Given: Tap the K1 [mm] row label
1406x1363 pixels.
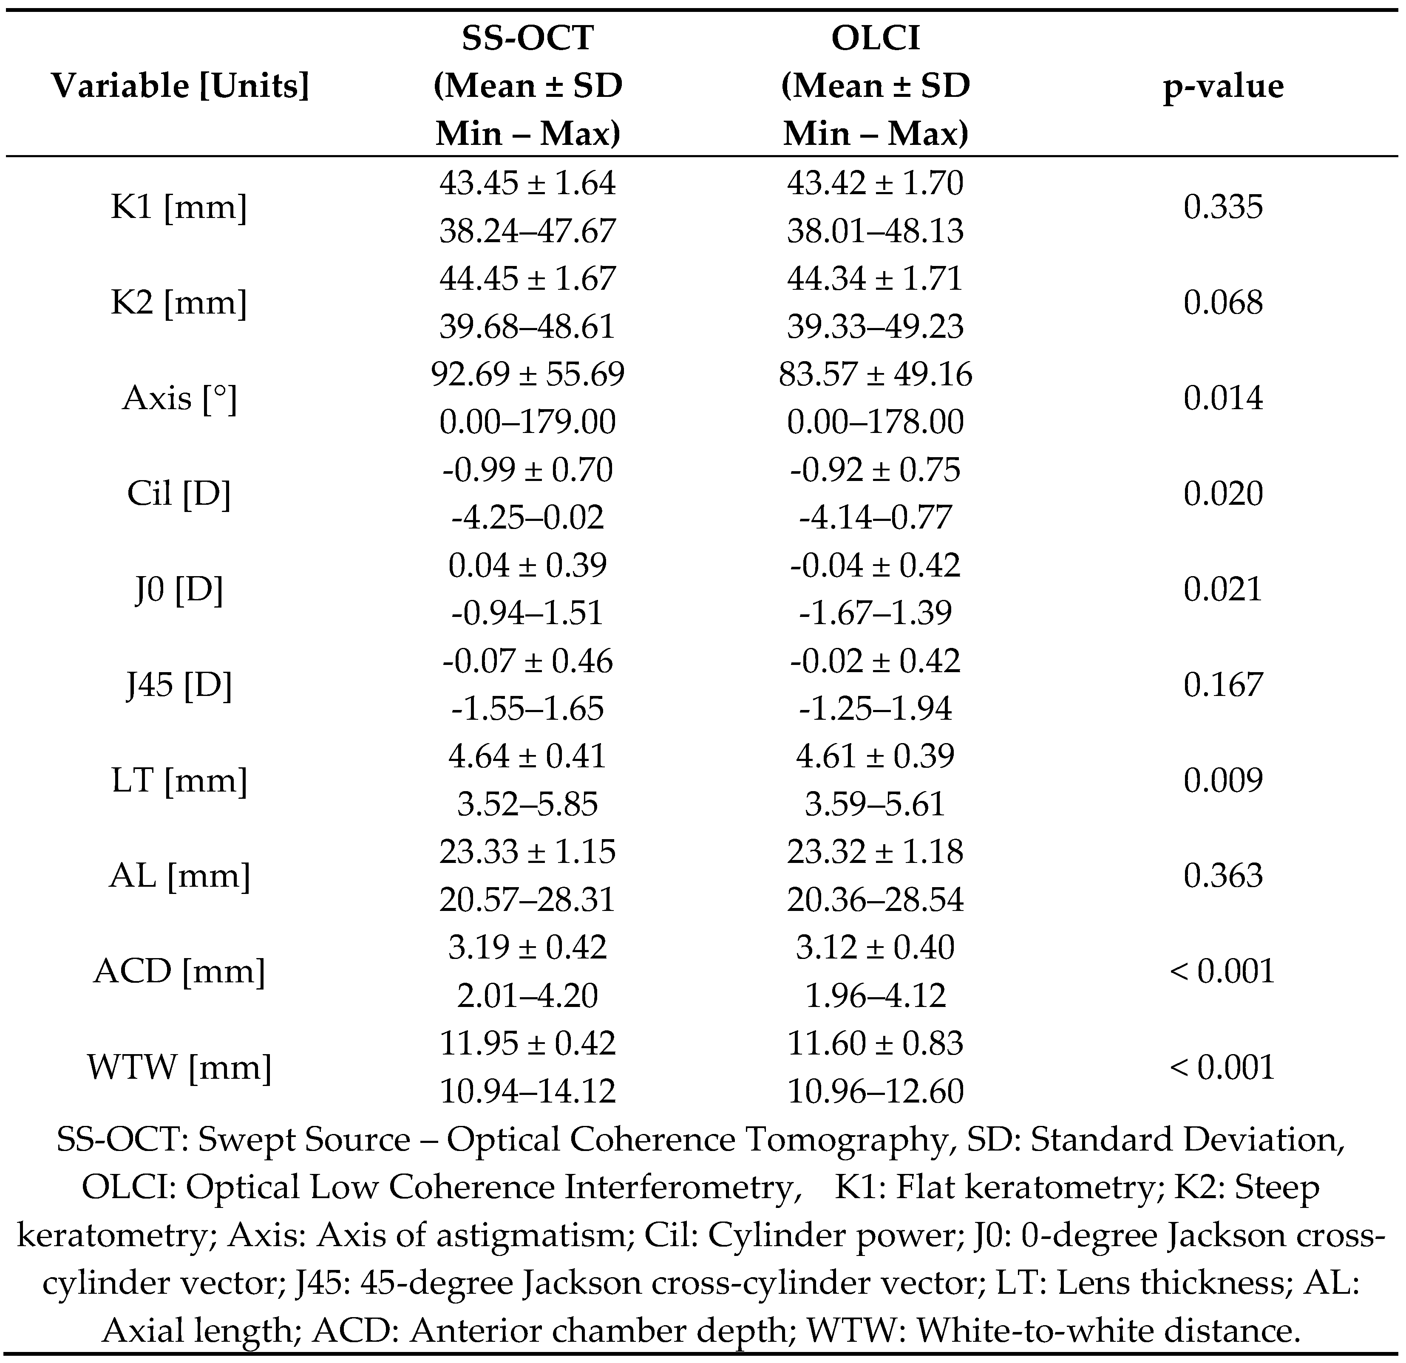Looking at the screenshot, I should (x=179, y=207).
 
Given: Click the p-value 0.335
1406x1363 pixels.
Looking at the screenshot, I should (x=1223, y=207).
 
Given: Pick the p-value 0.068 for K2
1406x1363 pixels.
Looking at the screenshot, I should (x=1223, y=303).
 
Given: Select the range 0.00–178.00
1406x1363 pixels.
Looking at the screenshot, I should (x=875, y=421).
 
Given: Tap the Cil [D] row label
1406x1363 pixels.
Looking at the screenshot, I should (x=179, y=493).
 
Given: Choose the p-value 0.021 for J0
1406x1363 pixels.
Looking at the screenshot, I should (x=1223, y=588).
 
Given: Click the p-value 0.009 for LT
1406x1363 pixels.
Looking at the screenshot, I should (x=1223, y=780).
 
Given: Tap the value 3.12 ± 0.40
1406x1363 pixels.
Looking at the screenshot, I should (x=875, y=947).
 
